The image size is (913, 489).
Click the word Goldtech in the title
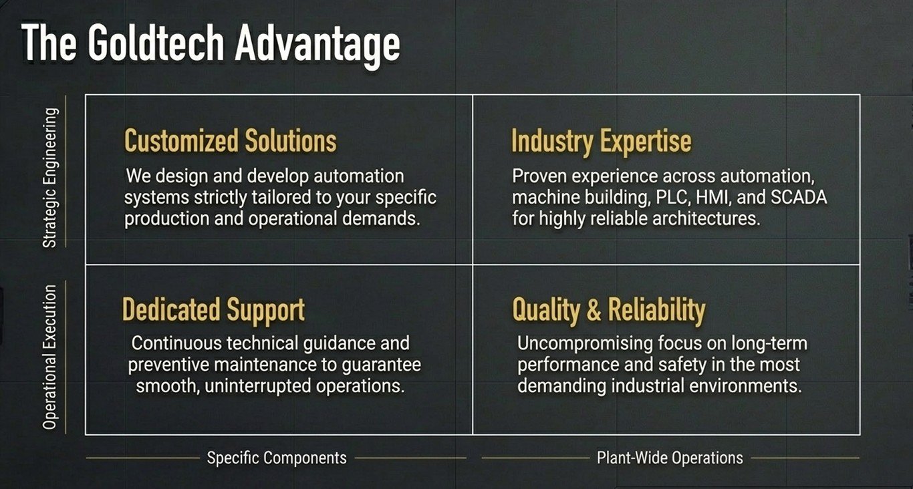click(156, 43)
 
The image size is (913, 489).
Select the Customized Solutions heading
click(231, 140)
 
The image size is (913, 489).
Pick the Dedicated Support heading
click(213, 311)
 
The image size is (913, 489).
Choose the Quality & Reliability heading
click(608, 311)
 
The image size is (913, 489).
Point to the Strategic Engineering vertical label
click(50, 178)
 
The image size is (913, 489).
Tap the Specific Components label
click(277, 458)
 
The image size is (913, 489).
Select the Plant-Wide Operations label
click(670, 458)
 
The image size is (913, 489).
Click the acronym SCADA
click(799, 197)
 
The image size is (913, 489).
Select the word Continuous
click(176, 343)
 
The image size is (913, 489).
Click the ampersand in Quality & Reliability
click(594, 310)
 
